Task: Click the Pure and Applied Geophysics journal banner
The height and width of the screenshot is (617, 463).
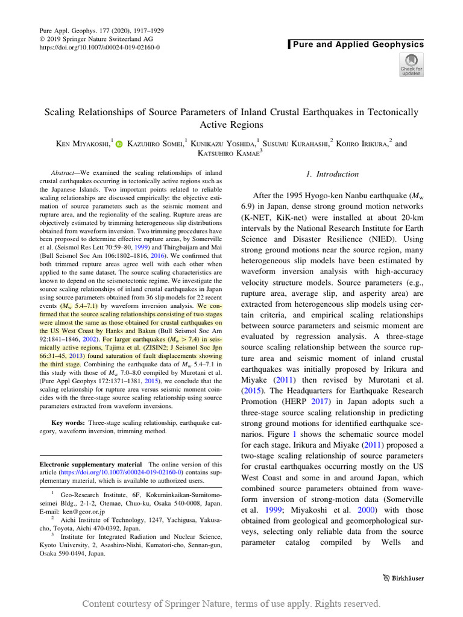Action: point(358,45)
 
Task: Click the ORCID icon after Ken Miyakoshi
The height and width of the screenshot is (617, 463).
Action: point(119,145)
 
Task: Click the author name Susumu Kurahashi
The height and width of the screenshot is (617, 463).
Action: point(299,145)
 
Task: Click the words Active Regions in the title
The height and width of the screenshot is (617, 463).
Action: point(231,125)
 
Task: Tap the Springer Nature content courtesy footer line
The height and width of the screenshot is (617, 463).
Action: point(231,603)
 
